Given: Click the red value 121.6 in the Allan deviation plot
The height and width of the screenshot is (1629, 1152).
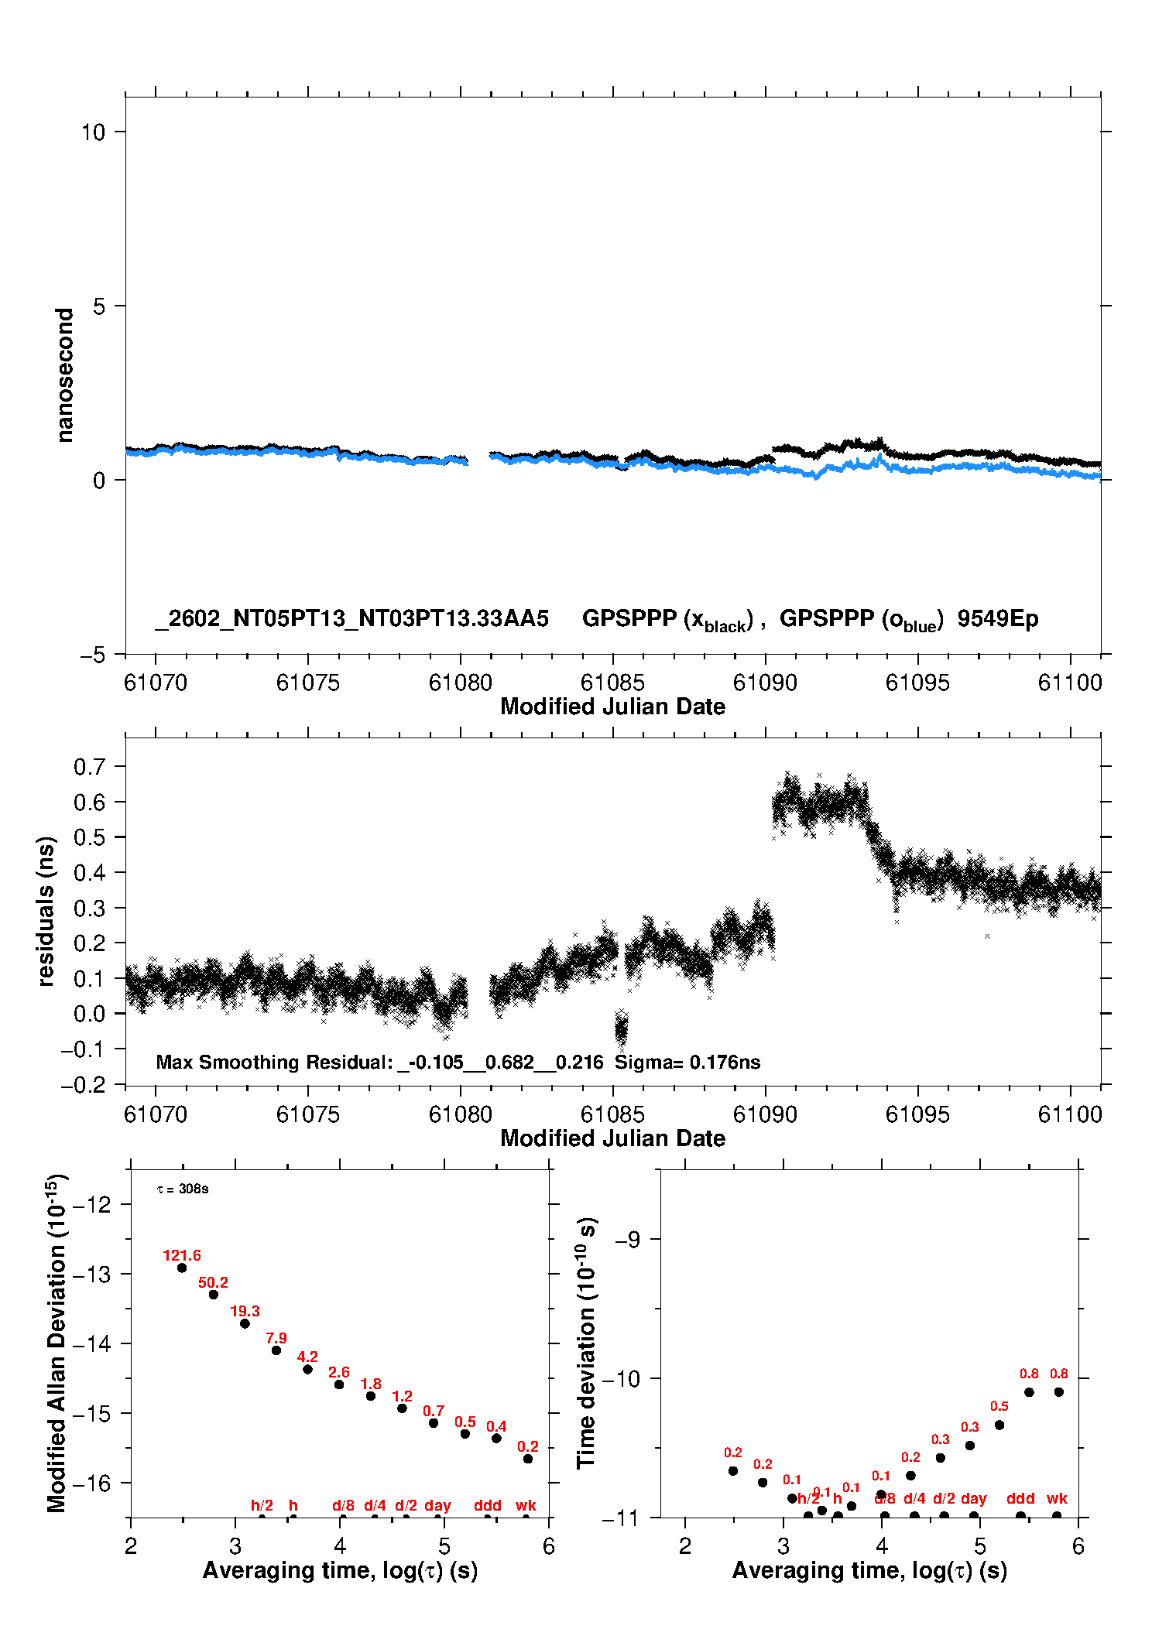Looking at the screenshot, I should tap(182, 1255).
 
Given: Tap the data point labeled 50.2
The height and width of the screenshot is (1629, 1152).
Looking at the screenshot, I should tap(214, 1295).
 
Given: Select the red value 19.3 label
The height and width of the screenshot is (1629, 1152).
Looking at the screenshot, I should tap(245, 1311).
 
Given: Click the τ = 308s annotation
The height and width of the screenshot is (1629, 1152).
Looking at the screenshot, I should tap(183, 1189).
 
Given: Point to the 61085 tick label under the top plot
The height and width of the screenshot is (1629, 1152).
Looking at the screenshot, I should tap(612, 683).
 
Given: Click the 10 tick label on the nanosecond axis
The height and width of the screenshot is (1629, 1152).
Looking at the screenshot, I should tap(93, 132).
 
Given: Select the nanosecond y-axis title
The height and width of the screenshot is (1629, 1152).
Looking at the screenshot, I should tap(64, 375).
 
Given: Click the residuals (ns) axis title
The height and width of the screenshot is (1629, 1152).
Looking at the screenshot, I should tap(46, 911).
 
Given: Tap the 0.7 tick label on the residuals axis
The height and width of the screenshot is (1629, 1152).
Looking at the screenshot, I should tap(89, 767).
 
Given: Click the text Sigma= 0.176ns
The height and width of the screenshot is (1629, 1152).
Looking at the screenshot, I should tap(687, 1062).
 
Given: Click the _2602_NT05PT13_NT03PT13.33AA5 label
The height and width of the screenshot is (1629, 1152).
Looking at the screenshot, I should tap(352, 618).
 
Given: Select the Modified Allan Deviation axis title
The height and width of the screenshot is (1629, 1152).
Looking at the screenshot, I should tap(57, 1343).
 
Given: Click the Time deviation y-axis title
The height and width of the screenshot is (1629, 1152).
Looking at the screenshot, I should tap(586, 1343).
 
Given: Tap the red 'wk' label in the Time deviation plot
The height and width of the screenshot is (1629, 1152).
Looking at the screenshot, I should tap(1057, 1498).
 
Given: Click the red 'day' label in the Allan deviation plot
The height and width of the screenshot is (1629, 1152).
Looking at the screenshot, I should tap(437, 1505).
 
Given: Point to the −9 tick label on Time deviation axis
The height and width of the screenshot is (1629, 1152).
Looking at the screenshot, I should tap(627, 1240).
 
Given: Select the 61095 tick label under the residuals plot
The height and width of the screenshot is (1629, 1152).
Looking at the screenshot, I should tap(917, 1114).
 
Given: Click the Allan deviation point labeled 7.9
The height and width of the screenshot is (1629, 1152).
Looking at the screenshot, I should tap(276, 1350).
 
